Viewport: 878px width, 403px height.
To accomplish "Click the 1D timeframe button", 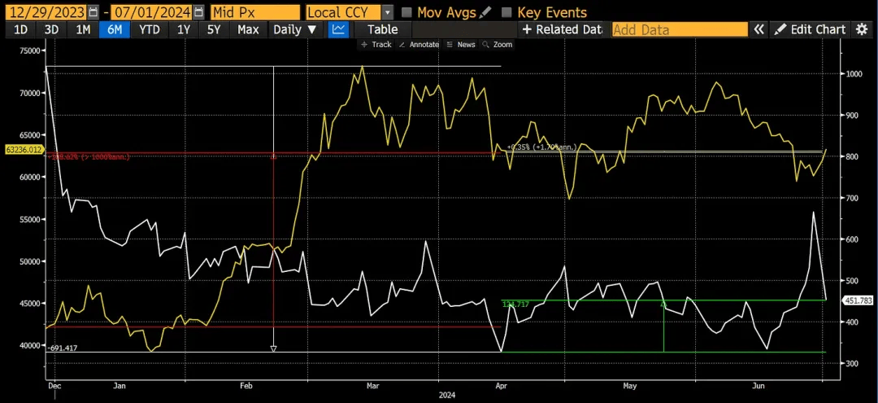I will [21, 29].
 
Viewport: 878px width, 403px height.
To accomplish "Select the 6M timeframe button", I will [115, 29].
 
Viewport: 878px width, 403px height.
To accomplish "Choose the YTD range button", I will [149, 29].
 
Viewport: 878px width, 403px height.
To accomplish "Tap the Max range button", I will [248, 29].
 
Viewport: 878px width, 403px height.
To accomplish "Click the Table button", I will [382, 29].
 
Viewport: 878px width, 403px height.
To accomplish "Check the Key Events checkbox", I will [507, 12].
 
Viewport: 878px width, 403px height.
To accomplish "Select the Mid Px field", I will [254, 12].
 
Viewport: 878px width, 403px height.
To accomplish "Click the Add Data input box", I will [679, 29].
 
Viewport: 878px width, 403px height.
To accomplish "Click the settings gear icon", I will [862, 29].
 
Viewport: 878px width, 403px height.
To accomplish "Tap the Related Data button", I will [561, 29].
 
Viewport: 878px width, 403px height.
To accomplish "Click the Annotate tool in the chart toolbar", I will [419, 45].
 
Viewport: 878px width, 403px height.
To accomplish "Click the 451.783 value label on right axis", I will [858, 300].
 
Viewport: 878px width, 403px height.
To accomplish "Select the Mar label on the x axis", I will [372, 387].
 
